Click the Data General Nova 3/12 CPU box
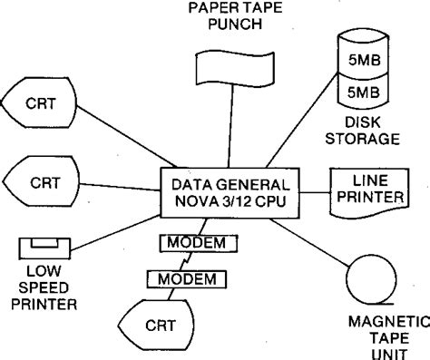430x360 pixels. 227,191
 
